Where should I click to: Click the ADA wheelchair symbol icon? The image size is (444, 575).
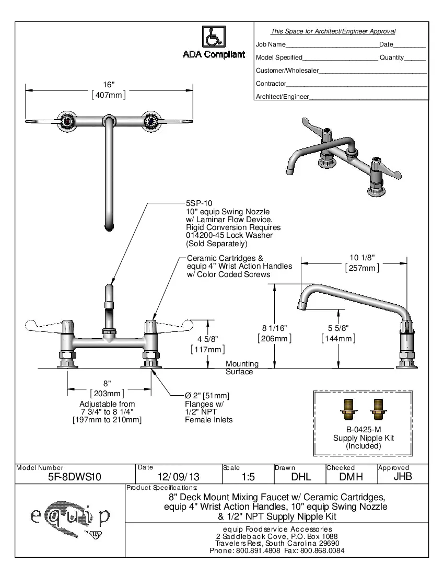point(213,37)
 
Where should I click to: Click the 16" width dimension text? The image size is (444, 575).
point(109,85)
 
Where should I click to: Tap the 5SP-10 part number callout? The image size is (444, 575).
point(199,203)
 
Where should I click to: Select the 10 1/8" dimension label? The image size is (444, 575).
point(361,258)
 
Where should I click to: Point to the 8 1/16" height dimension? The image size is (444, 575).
point(274,328)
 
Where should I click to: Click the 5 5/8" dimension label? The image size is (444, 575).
point(338,328)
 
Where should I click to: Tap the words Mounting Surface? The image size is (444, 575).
point(242,367)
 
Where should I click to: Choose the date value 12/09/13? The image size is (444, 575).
point(178,477)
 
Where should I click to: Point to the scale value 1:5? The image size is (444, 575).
point(248,477)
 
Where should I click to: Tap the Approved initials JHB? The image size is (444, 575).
point(402,476)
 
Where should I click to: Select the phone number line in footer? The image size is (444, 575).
point(276,551)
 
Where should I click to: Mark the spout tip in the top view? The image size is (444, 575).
point(109,226)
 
